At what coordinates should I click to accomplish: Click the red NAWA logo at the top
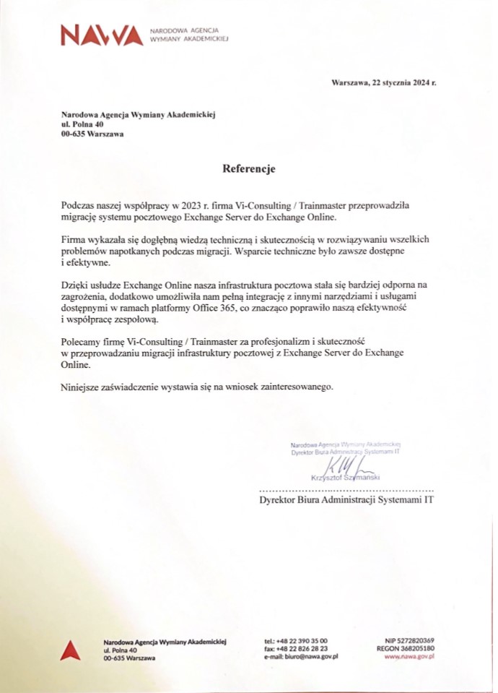(102, 35)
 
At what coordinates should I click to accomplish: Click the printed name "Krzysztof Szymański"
(340, 478)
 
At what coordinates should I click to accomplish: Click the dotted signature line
(346, 490)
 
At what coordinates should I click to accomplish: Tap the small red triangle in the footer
(70, 650)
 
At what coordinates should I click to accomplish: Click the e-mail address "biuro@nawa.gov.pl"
(311, 657)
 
